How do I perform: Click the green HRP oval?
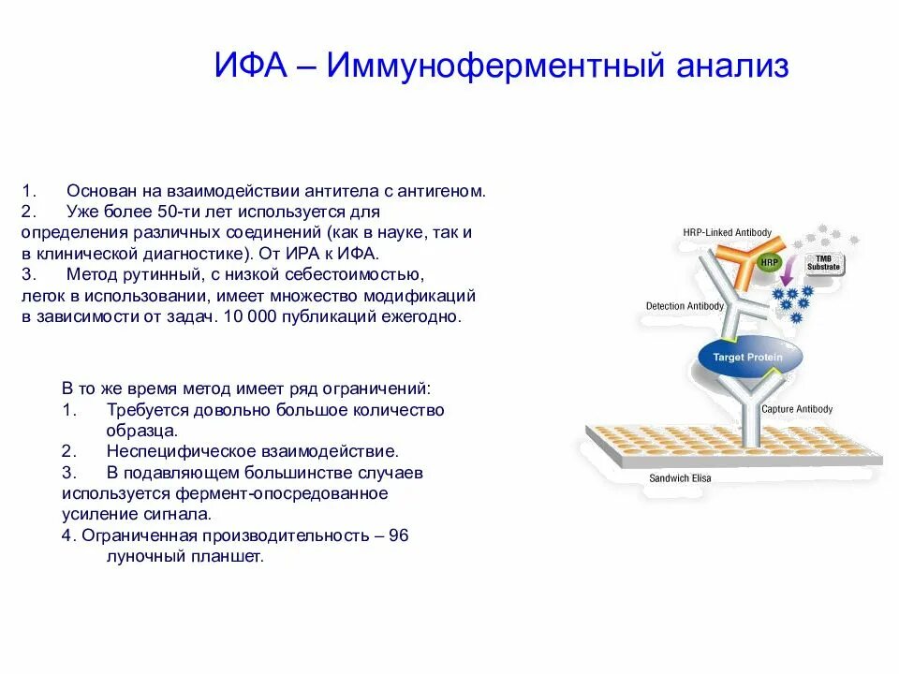pos(769,263)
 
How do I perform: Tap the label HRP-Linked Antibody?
pos(727,232)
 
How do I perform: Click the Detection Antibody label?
pos(685,306)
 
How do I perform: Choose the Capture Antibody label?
pos(796,409)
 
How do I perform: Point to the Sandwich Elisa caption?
pos(679,478)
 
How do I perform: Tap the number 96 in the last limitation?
pos(398,535)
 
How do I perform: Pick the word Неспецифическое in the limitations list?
pos(174,451)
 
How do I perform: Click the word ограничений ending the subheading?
pos(383,387)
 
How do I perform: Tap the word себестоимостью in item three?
pos(361,275)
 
